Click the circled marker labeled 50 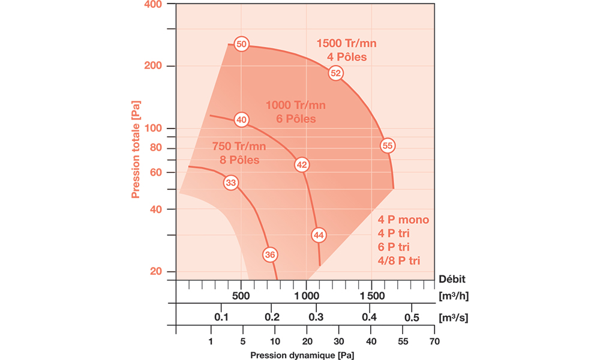[x=241, y=44]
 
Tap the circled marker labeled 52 [x=335, y=73]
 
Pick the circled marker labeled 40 [x=241, y=120]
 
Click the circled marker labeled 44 [x=319, y=235]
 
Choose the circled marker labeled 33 [x=231, y=182]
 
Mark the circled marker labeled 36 [x=270, y=255]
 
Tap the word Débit [x=452, y=278]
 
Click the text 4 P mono [x=404, y=220]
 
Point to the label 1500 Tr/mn [x=347, y=44]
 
